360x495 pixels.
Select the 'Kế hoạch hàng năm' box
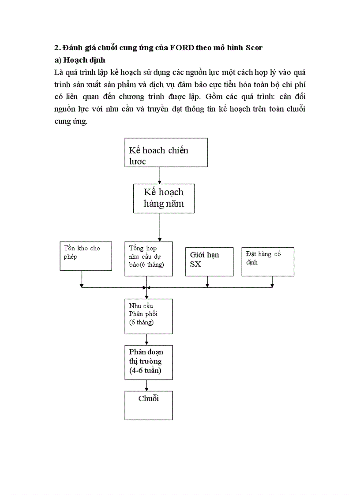tap(164, 198)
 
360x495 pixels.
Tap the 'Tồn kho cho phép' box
tap(86, 256)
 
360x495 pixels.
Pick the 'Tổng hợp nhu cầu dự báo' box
tap(148, 259)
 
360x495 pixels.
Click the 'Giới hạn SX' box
tap(209, 261)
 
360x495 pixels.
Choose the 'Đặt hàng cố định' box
tap(268, 261)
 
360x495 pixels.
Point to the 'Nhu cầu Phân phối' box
tap(148, 316)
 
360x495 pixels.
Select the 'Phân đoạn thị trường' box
tap(148, 362)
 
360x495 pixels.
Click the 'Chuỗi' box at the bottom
tap(148, 405)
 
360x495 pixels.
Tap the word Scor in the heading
tap(254, 48)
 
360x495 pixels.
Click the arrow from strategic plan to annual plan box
tap(160, 175)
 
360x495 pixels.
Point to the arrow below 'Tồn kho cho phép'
tap(82, 279)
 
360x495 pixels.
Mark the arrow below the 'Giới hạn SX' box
tap(207, 282)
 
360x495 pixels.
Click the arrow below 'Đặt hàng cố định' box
tap(272, 282)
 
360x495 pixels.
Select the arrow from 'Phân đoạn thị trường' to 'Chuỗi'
tap(146, 385)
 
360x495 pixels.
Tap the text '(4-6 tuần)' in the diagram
tap(145, 371)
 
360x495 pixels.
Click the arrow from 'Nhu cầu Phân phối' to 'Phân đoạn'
tap(146, 339)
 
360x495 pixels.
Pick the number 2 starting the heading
tap(56, 48)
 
